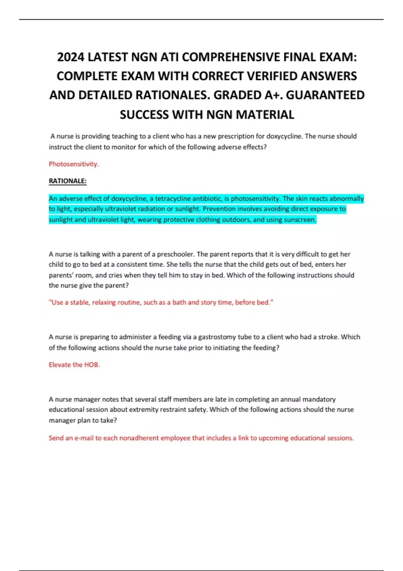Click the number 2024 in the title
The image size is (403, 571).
coord(71,57)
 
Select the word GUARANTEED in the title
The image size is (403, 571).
coord(325,95)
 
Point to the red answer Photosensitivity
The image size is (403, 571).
coord(74,164)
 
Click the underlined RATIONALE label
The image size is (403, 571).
coord(68,181)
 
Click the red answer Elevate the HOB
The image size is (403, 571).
coord(74,365)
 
